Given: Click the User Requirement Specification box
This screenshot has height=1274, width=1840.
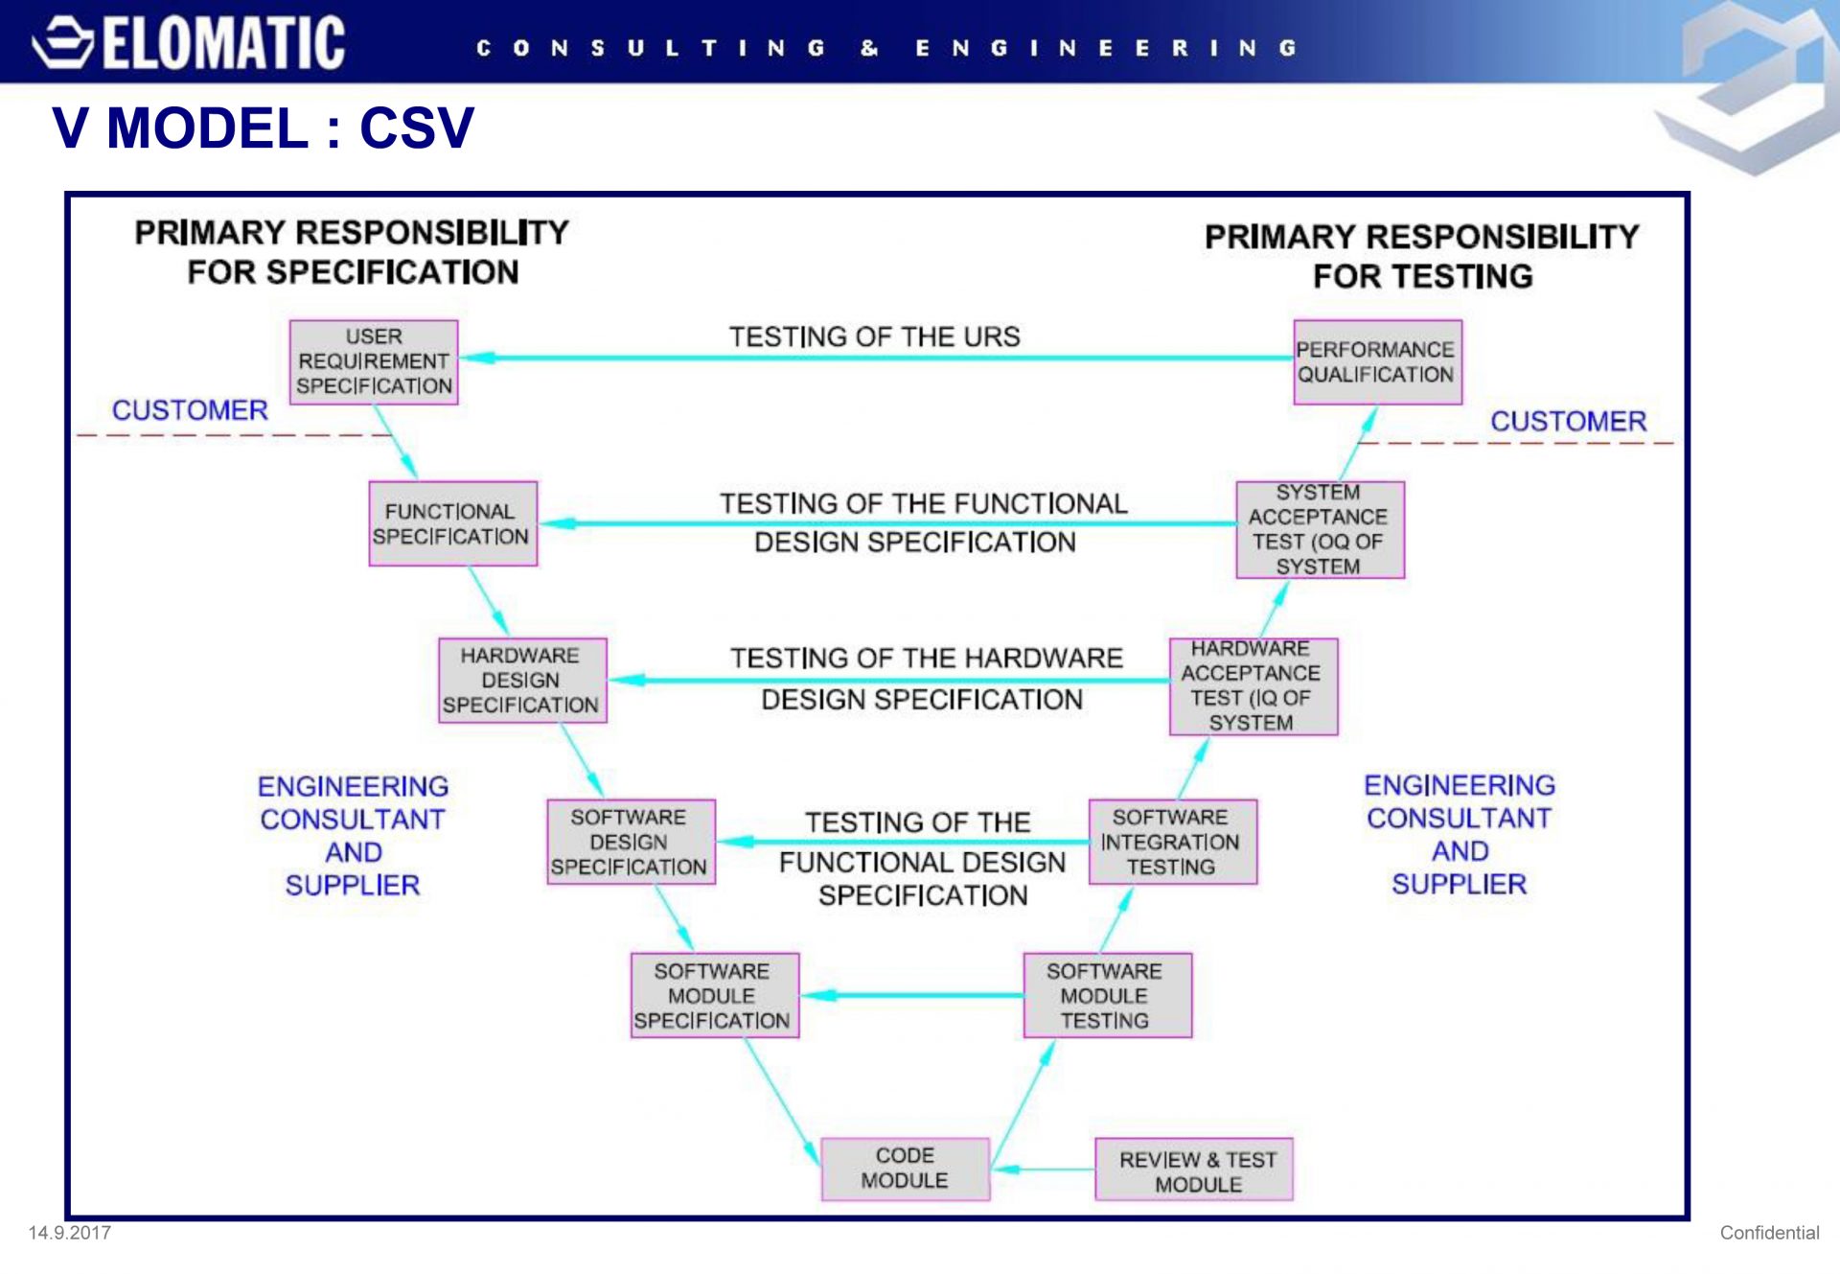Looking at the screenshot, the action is point(374,361).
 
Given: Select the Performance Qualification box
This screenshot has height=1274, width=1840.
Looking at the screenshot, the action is point(1377,361).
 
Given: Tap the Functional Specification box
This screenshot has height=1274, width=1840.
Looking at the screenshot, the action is point(453,523).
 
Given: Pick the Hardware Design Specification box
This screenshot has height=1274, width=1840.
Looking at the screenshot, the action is point(522,680).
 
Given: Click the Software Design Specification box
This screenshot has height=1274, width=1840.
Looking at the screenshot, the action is point(631,842).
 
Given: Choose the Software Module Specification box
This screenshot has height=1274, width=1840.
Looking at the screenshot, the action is point(715,995).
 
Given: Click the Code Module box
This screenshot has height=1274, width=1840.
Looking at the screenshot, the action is point(905,1169).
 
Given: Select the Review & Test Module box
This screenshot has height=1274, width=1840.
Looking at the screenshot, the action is point(1194,1170).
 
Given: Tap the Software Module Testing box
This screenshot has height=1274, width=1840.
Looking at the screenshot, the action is point(1108,995).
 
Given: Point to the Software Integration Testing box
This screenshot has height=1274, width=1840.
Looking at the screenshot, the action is point(1173,842).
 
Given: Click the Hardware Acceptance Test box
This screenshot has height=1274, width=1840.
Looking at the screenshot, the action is point(1253,686).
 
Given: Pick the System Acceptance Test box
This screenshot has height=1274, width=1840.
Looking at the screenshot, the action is point(1320,530).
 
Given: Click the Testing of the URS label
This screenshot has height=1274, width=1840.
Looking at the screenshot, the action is point(874,336).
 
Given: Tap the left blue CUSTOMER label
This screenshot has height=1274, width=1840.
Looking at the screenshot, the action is point(190,410).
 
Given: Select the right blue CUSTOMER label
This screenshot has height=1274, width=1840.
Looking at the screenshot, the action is point(1568,421).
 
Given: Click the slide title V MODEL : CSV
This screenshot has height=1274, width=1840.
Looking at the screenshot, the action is point(264,127).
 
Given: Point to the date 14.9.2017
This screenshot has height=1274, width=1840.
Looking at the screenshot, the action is point(70,1233).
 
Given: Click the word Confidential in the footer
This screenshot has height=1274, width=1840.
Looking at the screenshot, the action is point(1769,1233).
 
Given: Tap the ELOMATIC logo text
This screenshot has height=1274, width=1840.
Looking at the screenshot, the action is point(223,42).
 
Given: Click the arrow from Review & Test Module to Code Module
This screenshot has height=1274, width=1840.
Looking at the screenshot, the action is point(1044,1170).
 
